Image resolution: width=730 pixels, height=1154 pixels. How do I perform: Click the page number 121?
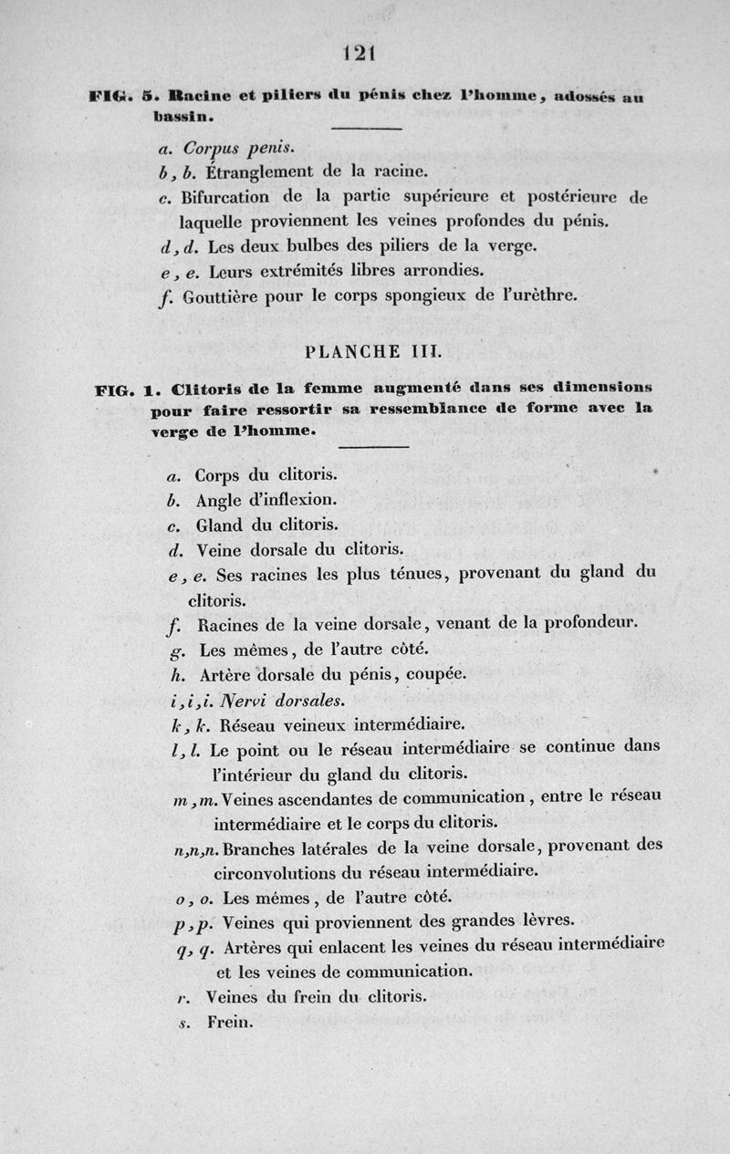360,53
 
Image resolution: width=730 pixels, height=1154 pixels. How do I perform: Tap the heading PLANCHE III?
360,350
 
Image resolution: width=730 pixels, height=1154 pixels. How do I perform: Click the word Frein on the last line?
228,1022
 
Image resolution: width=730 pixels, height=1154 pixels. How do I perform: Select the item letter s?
183,1023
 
